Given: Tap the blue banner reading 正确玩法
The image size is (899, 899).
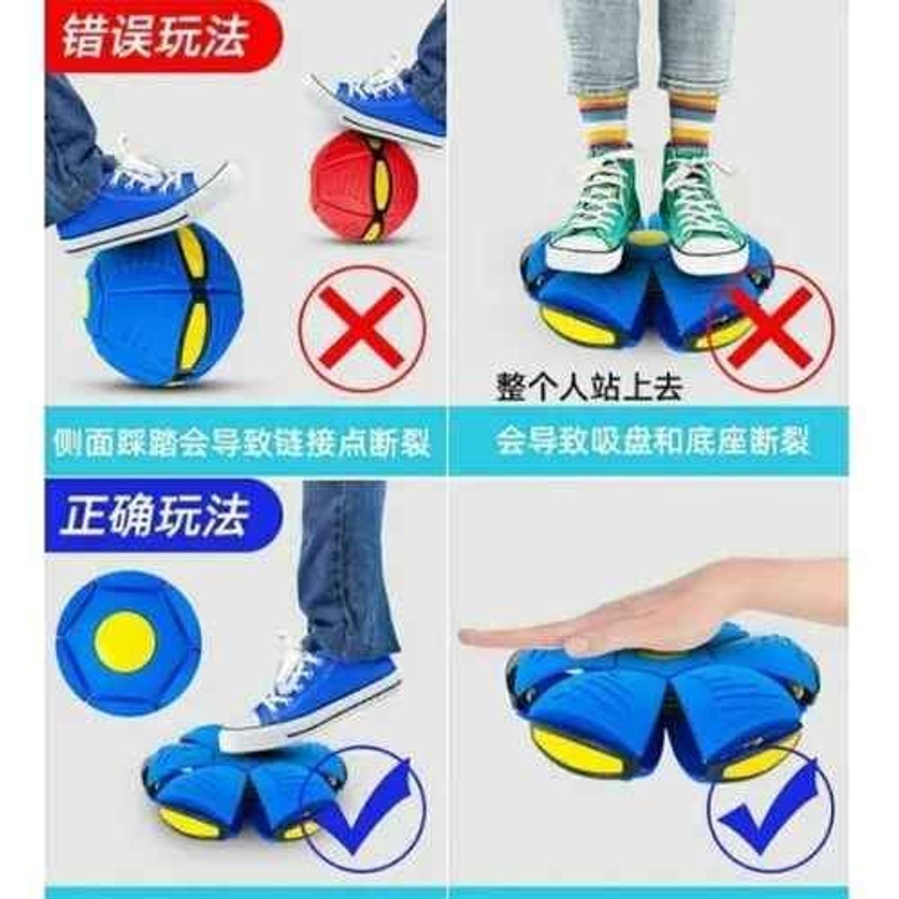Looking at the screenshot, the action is coord(163,518).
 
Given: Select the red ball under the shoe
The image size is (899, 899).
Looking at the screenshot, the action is coord(363,187).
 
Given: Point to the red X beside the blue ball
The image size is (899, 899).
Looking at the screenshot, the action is coord(362,327).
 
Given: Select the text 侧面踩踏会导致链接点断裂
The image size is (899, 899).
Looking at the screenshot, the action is coord(242,441).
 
